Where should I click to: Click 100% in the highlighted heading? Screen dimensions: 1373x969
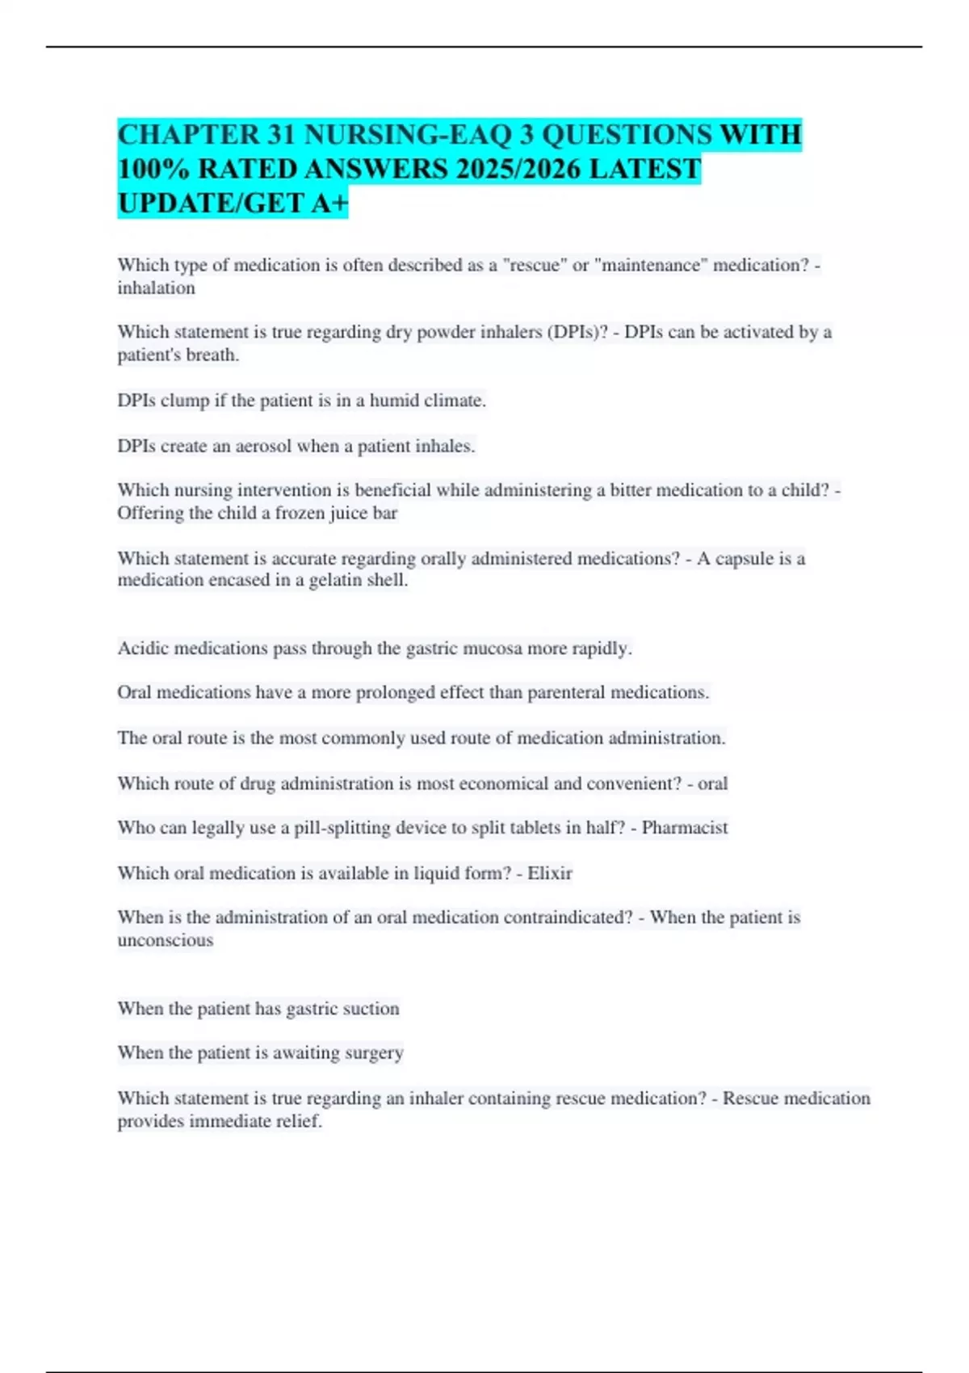coord(153,170)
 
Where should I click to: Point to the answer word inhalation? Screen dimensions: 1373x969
coord(156,288)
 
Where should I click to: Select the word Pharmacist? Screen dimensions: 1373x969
coord(685,828)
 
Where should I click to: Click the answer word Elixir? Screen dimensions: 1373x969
coord(550,873)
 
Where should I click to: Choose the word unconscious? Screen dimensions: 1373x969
coord(165,940)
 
